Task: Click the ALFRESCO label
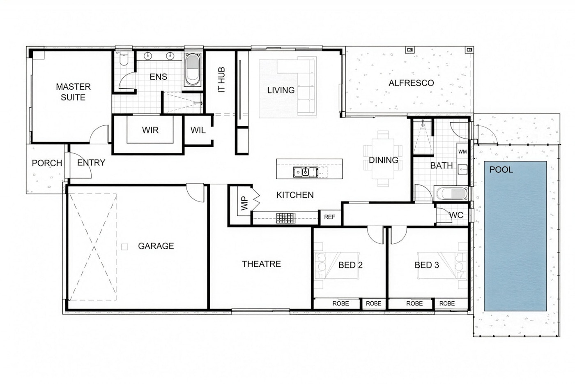(x=411, y=83)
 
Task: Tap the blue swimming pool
(x=515, y=236)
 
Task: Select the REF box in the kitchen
(x=329, y=217)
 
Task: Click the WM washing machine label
(x=462, y=152)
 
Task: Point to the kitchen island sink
(x=306, y=172)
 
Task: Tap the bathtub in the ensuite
(x=193, y=69)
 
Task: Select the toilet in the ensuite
(x=124, y=59)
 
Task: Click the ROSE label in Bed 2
(x=340, y=303)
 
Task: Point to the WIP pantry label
(x=244, y=203)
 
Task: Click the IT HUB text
(x=221, y=80)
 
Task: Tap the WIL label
(x=198, y=130)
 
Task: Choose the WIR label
(x=150, y=130)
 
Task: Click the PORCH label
(x=47, y=163)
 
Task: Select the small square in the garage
(x=124, y=247)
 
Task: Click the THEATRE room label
(x=262, y=264)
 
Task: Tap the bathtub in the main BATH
(x=452, y=194)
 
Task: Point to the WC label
(x=456, y=215)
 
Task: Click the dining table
(x=383, y=159)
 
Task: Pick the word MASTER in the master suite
(x=74, y=87)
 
